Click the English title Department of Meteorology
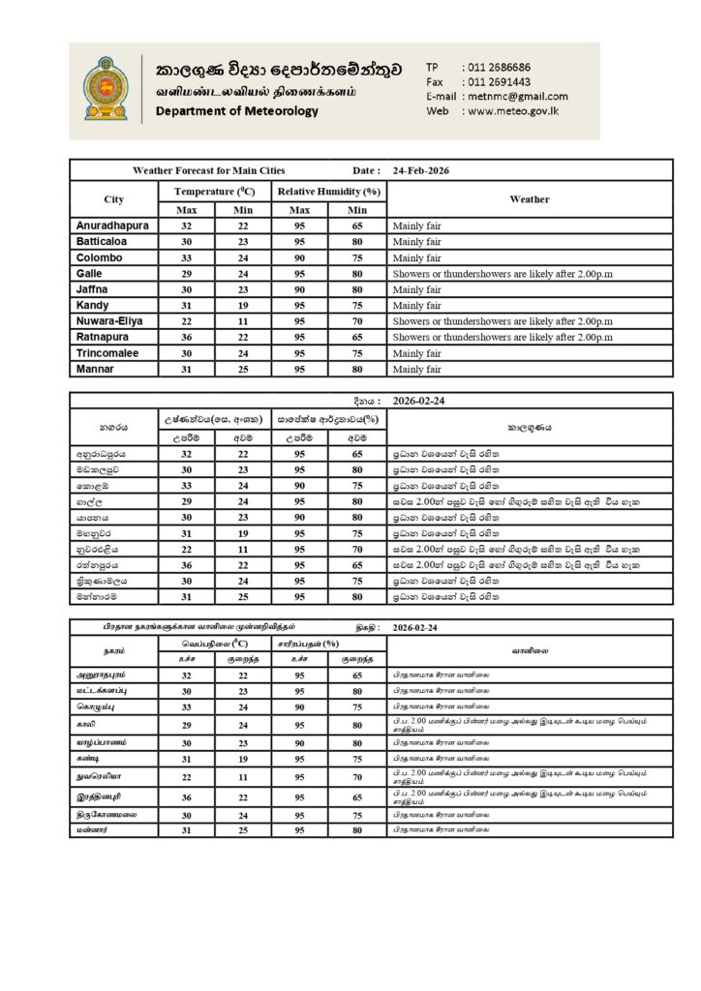click(236, 111)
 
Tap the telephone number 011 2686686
click(498, 67)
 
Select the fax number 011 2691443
click(498, 81)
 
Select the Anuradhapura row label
click(111, 225)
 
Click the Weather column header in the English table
click(529, 199)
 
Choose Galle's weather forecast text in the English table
click(503, 273)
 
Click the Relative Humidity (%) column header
click(328, 192)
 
